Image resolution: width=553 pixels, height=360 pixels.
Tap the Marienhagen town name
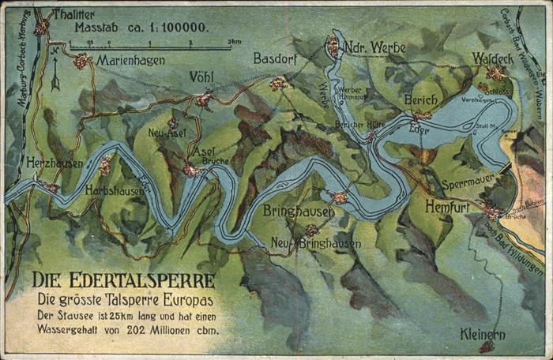tap(130, 59)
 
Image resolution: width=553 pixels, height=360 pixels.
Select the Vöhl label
tap(201, 77)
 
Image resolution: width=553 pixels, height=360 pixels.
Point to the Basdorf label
tap(275, 58)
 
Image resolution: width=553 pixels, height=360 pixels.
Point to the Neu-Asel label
tap(167, 133)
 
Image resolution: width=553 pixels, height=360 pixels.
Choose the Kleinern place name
tap(482, 334)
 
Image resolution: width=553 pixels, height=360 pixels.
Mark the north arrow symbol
tap(55, 75)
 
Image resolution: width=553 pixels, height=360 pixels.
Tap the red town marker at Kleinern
tap(487, 347)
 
